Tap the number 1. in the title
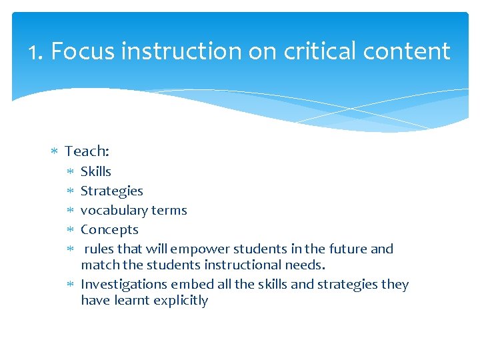click(36, 51)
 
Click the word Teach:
click(87, 151)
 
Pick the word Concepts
click(109, 229)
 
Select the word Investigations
click(124, 284)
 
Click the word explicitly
click(181, 300)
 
